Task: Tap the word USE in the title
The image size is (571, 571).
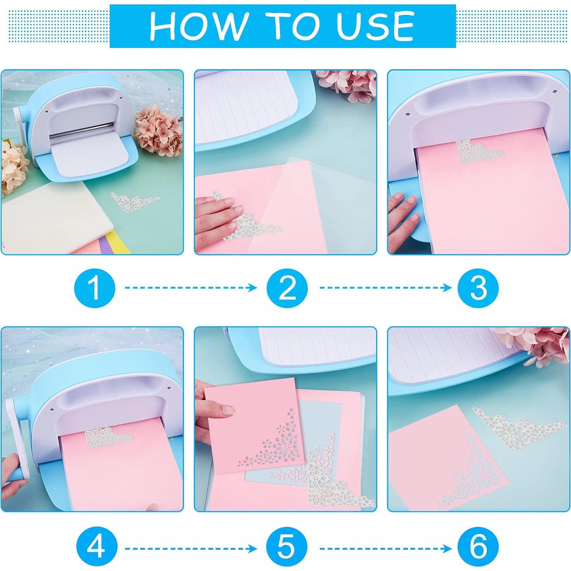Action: pos(376,26)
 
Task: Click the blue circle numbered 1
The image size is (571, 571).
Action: pos(95,288)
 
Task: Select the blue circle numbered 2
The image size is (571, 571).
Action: pos(287,288)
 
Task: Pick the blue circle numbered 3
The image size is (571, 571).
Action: pos(478,288)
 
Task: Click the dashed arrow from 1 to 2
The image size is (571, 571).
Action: pos(191,287)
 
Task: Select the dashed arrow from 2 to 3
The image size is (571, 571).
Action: pos(386,287)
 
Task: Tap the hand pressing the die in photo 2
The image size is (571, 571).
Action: pos(216,216)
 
